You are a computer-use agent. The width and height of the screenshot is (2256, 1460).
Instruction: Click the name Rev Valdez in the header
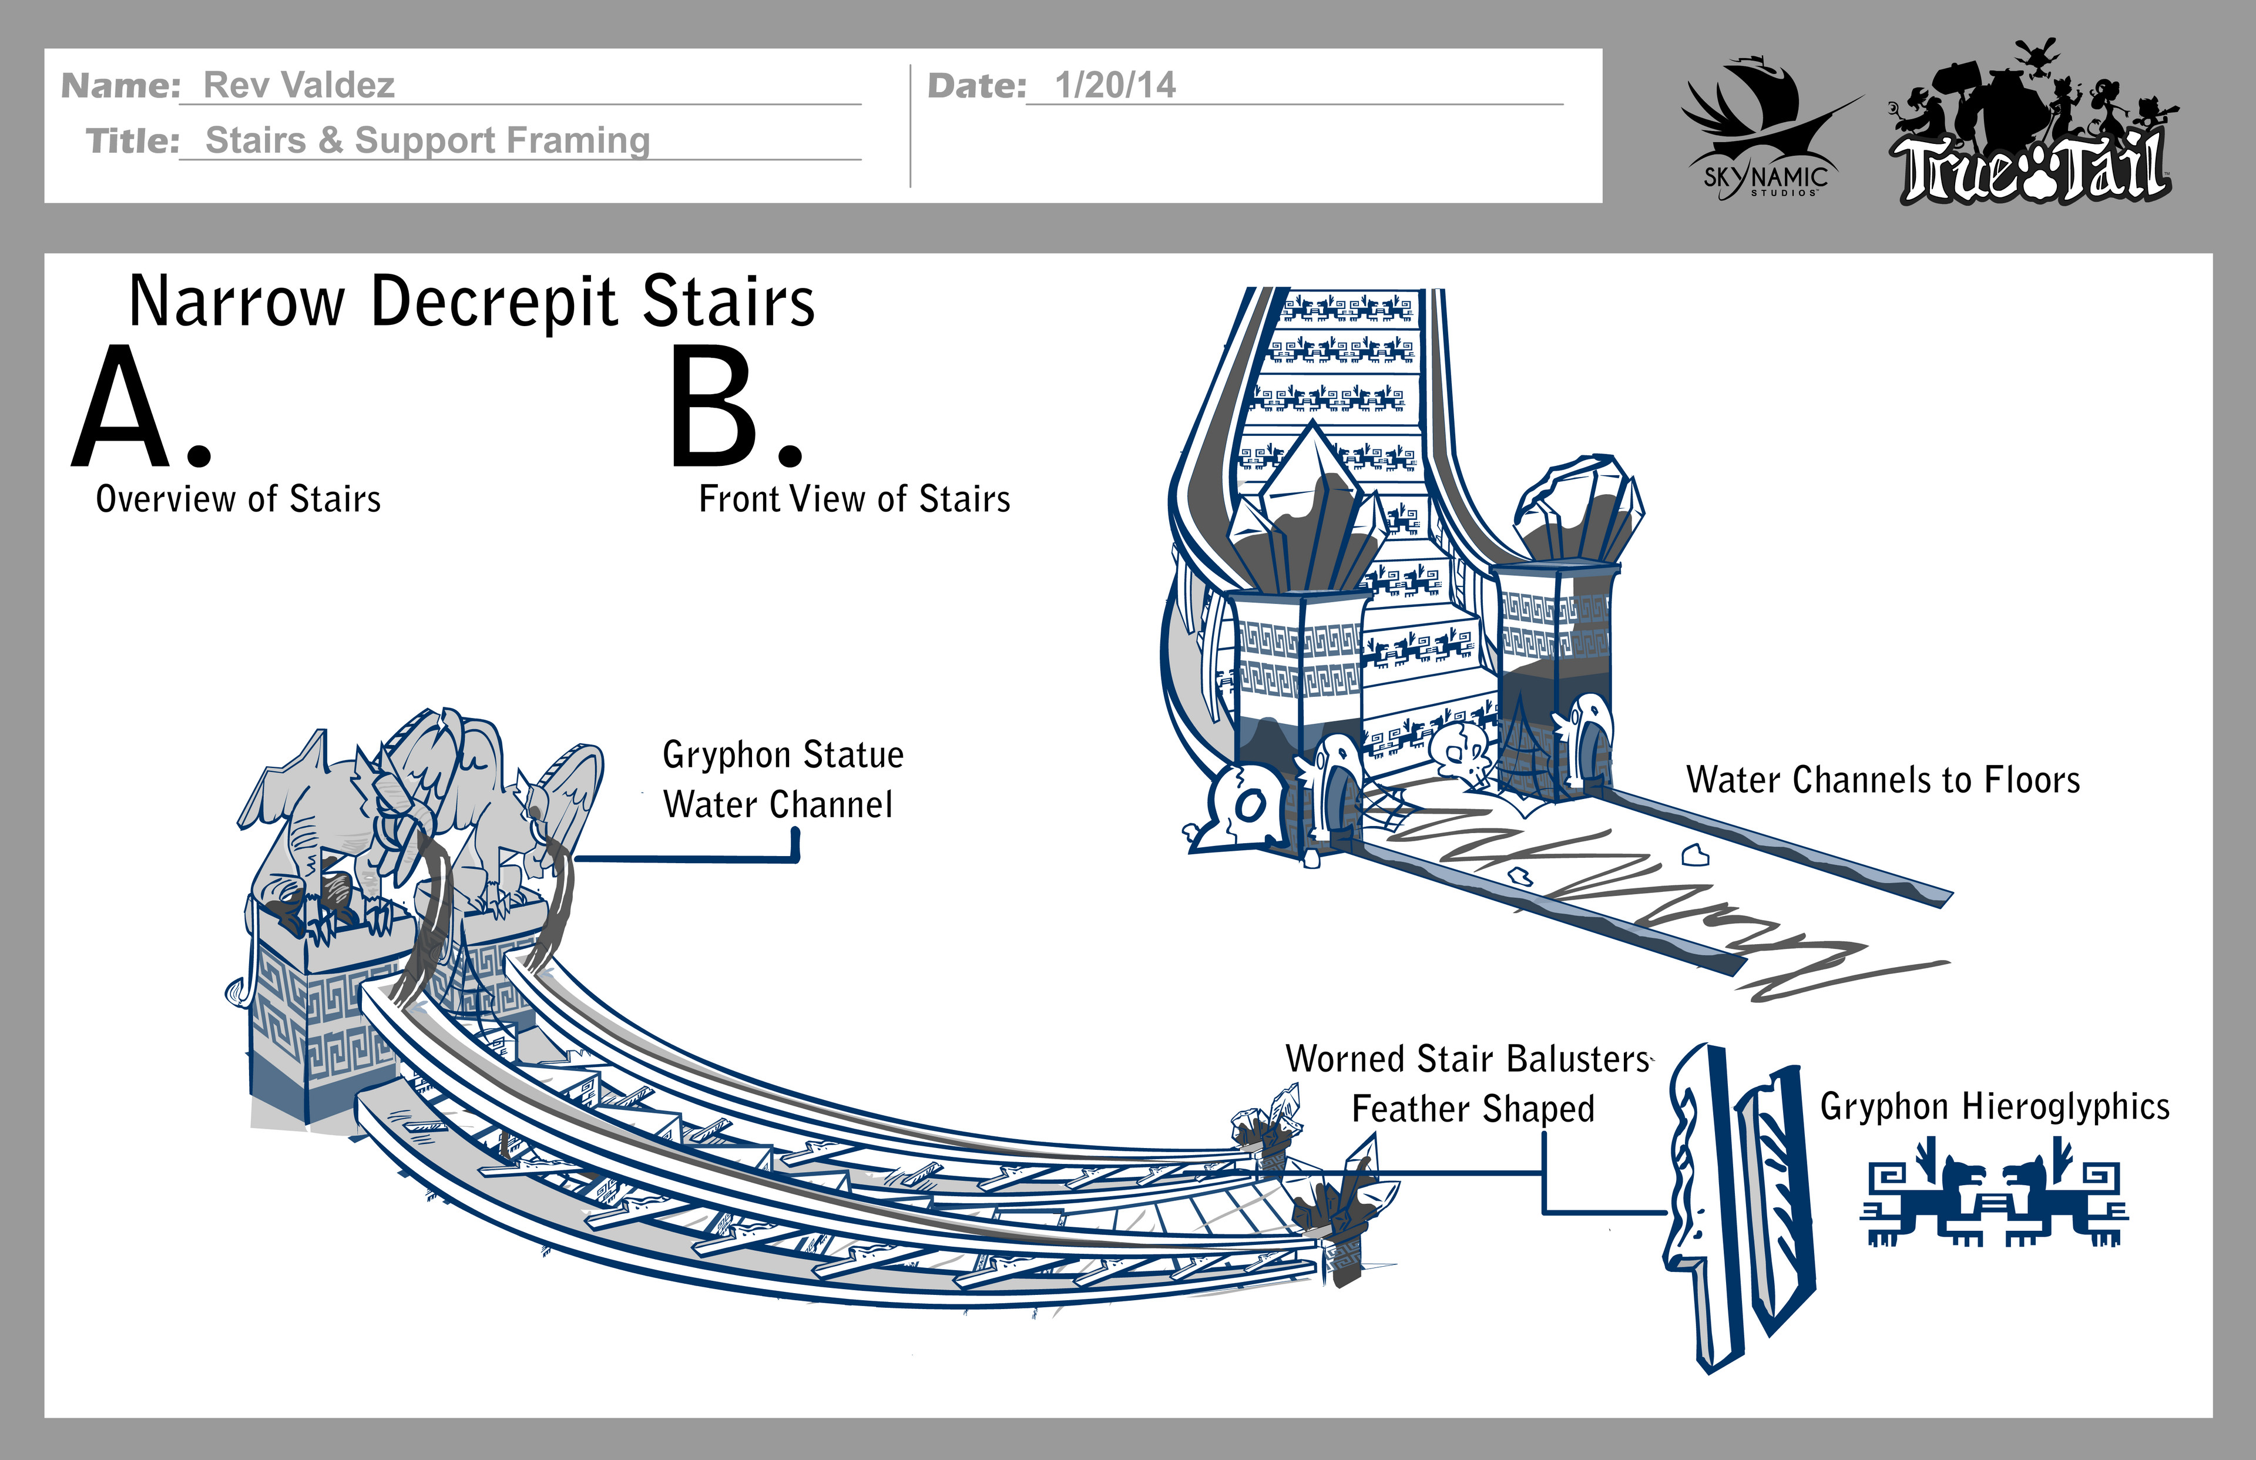tap(298, 85)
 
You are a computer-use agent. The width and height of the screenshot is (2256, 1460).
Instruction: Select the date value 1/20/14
tap(1114, 85)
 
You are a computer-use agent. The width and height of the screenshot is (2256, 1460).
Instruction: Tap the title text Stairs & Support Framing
tap(428, 140)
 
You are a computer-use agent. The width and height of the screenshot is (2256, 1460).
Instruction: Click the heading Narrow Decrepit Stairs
tap(471, 301)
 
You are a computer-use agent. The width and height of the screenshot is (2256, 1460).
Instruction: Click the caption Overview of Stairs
tap(238, 499)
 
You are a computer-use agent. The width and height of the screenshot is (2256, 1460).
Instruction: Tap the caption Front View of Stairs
tap(854, 499)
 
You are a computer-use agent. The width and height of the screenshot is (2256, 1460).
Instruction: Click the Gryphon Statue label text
tap(783, 754)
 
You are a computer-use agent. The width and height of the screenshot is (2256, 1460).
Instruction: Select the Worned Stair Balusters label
tap(1468, 1059)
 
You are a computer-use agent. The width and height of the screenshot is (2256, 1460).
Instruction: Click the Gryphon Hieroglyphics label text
tap(1995, 1106)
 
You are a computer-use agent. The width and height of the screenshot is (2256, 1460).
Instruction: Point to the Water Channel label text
tap(777, 805)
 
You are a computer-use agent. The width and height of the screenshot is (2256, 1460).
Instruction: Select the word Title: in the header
tap(133, 141)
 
